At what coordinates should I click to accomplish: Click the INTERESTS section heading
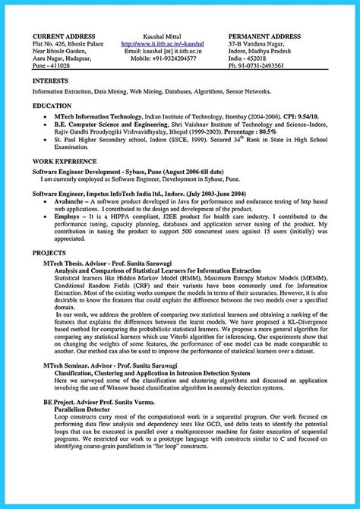point(53,81)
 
